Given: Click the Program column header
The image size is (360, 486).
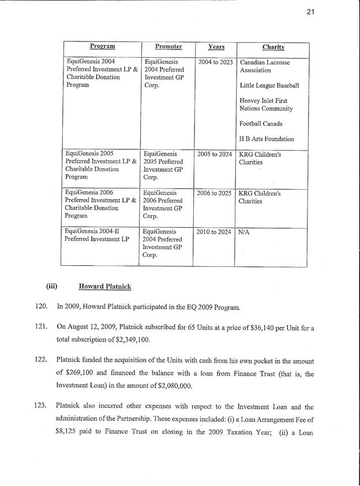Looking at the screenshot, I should click(x=102, y=47).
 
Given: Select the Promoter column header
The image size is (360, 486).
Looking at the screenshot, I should click(x=168, y=47).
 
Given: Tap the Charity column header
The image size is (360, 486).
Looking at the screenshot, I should click(x=273, y=47).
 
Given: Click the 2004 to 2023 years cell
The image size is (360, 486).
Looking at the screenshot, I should click(x=215, y=62).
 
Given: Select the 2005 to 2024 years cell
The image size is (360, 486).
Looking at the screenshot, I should click(x=215, y=155).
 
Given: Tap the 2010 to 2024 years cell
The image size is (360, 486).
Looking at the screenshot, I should click(x=215, y=232).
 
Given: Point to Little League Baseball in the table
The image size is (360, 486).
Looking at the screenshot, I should click(x=269, y=85).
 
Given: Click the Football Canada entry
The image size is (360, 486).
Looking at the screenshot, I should click(x=262, y=124).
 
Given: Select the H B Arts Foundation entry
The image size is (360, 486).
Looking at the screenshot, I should click(x=267, y=139).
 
